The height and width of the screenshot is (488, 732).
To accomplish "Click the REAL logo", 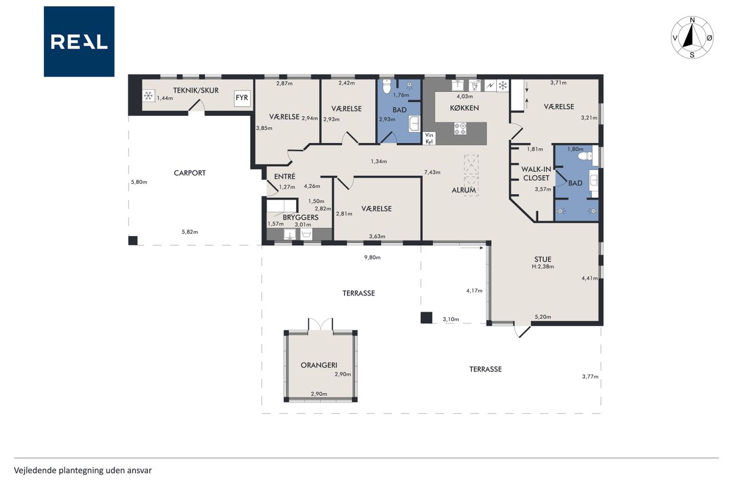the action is pos(79,42).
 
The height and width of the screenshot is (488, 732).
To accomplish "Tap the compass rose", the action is pos(692,38).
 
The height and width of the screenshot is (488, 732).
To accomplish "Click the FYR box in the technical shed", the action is pos(242,98).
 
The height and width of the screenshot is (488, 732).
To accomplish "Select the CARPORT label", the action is pos(190,173).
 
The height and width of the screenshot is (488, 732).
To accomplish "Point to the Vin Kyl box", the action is pos(429,138).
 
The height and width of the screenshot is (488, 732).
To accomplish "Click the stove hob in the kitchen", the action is pos(460,129).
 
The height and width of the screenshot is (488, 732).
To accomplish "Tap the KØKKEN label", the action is pos(464,108).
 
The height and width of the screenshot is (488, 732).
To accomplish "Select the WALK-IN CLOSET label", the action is pos(536,174).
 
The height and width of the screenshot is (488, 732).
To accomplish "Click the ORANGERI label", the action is pos(319,365).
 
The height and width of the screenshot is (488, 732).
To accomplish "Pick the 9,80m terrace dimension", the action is pos(372,257).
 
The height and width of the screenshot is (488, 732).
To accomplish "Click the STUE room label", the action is pos(543,259).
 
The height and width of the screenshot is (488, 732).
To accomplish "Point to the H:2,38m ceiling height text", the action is pos(543,266).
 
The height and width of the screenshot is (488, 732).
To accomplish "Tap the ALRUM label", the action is pos(464,190).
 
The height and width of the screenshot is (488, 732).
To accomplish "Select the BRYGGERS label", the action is pos(301,217).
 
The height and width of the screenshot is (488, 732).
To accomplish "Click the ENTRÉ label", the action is pos(285,177).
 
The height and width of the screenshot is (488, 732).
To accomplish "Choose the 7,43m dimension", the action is pos(432,172).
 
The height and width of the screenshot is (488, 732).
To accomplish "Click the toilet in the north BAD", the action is pos(387,86).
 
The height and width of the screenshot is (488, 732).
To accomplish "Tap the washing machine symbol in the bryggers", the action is pos(306,234).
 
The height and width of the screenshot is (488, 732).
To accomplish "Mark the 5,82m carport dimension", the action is pos(190,232).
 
